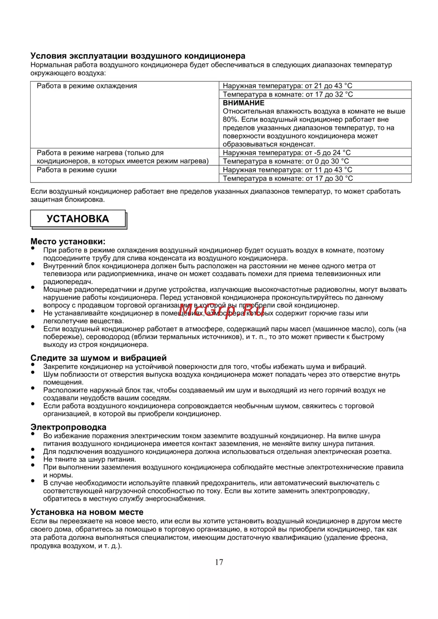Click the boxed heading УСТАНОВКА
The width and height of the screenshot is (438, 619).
[78, 219]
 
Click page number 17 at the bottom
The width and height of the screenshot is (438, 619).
[219, 563]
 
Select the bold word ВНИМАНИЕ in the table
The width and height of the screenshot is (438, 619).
[244, 103]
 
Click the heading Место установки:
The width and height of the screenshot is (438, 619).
[68, 241]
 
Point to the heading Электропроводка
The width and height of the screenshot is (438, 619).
[68, 427]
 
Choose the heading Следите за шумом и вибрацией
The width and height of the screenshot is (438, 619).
[99, 358]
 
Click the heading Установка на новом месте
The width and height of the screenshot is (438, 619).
[87, 512]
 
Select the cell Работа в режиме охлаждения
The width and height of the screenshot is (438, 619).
[87, 86]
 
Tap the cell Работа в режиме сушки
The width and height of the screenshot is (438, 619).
[77, 170]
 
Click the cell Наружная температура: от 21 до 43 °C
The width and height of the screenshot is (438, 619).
[287, 86]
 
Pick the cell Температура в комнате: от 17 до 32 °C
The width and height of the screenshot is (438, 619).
[288, 94]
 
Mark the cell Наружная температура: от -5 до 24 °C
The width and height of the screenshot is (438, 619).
[287, 153]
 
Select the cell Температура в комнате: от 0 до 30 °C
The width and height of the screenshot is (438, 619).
[286, 161]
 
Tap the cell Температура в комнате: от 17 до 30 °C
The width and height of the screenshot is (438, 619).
[288, 178]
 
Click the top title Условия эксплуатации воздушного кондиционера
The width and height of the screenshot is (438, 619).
[138, 56]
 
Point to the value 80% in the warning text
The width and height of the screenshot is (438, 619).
[230, 119]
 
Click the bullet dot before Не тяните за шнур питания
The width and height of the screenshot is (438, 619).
[33, 457]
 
